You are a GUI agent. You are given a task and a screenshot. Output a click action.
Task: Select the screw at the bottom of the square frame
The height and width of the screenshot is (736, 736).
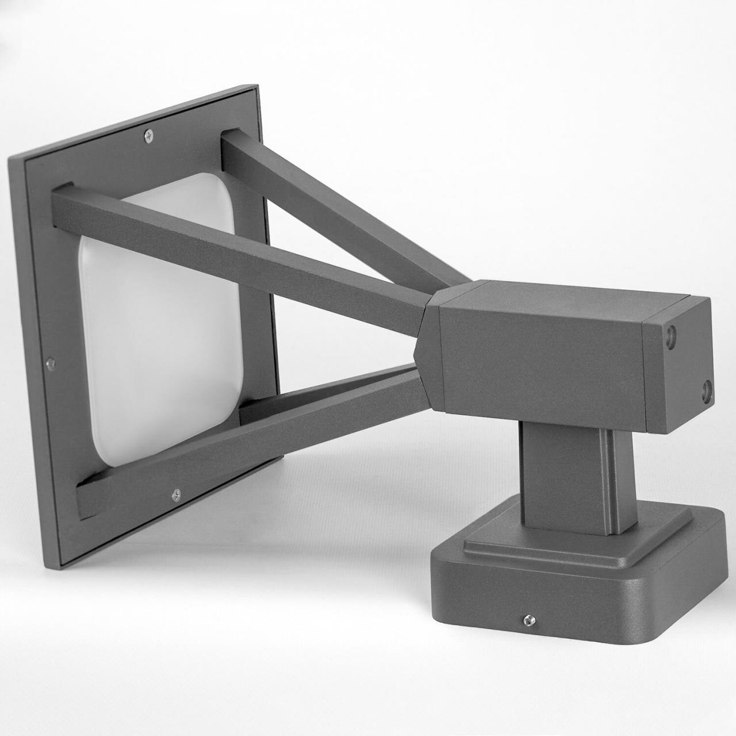(x=177, y=493)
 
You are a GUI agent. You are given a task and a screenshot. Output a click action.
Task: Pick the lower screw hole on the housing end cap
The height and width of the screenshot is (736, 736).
(x=706, y=391)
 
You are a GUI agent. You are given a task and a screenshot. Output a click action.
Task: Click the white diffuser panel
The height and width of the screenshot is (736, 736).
(x=144, y=322)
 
